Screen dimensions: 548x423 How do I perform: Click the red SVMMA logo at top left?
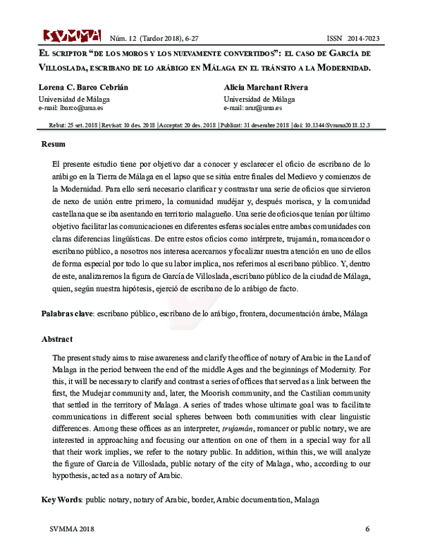pos(71,35)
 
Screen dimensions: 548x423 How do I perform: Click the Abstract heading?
pos(57,339)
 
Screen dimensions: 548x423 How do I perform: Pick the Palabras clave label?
pos(67,312)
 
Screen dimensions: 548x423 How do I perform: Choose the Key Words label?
pos(62,499)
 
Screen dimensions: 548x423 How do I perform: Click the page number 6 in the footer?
pos(367,529)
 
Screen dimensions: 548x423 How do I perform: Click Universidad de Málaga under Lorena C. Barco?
pos(73,99)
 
